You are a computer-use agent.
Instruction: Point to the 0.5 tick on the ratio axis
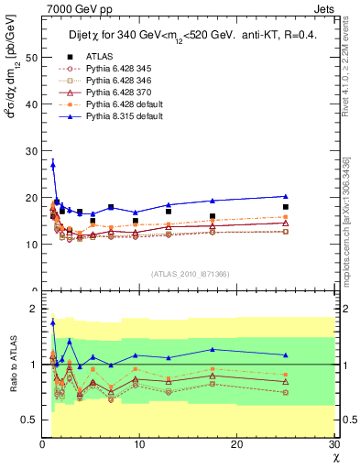tap(30, 420)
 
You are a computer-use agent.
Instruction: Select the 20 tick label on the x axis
tap(237, 446)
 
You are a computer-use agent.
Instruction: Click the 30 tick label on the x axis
tap(333, 446)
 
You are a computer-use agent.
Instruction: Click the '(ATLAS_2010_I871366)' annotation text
tap(190, 274)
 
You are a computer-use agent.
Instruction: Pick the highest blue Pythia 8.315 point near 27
tap(52, 165)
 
